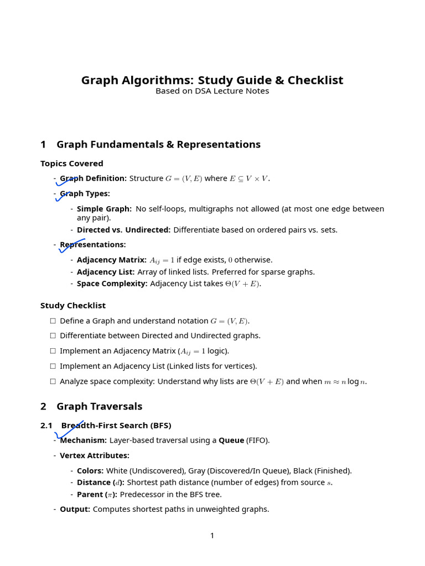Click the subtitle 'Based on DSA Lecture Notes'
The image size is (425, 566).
(x=212, y=91)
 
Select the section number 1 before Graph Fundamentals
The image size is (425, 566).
(x=43, y=145)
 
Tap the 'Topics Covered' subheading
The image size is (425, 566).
(x=72, y=164)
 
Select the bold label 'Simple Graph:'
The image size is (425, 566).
(x=104, y=209)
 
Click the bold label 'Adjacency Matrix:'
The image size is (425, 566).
(x=112, y=260)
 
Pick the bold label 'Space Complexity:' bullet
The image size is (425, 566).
(x=112, y=284)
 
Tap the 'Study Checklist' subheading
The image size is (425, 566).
(x=73, y=306)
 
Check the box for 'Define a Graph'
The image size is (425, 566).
(x=53, y=321)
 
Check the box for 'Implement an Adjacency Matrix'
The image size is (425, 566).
(x=53, y=351)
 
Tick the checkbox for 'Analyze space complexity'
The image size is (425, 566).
(x=53, y=381)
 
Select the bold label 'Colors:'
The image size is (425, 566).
(x=90, y=471)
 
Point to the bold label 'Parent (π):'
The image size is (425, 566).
(x=97, y=495)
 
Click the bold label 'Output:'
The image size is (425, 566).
(x=75, y=509)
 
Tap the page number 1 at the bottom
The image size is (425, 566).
(x=212, y=536)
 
